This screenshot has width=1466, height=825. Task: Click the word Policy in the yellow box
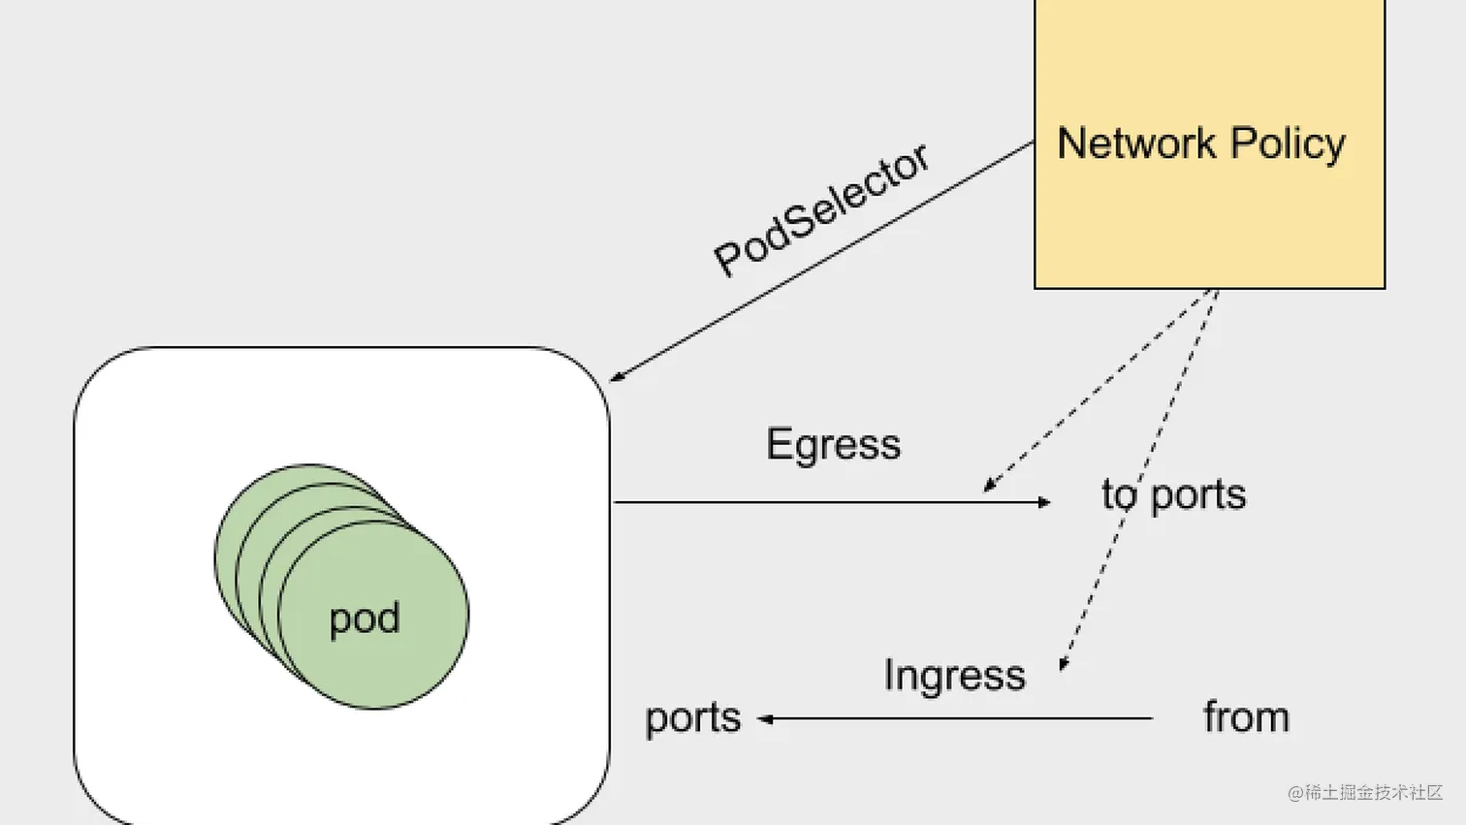[x=1289, y=143]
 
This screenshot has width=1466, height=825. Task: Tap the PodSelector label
[x=821, y=210]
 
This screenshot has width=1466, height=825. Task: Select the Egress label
[x=833, y=445]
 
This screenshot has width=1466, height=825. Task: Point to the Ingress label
[x=954, y=675]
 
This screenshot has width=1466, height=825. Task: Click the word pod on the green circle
[x=365, y=619]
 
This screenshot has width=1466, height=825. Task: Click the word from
[x=1246, y=717]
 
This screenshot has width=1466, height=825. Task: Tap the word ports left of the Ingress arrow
[x=692, y=718]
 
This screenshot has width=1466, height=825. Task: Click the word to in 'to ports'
[x=1118, y=494]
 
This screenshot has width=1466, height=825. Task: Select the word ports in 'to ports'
[x=1198, y=495]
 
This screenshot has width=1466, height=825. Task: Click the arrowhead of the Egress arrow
[x=1044, y=502]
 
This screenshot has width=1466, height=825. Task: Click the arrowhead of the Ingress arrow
[x=765, y=718]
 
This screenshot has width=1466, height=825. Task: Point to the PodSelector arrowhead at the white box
[x=616, y=377]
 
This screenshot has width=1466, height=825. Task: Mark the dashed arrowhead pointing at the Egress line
[x=988, y=485]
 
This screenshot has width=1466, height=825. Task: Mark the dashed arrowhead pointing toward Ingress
[x=1064, y=665]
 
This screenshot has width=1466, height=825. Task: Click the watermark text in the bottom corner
[x=1364, y=792]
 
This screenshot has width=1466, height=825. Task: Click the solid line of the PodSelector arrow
[x=824, y=260]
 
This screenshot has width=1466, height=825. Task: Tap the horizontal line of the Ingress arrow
[x=960, y=718]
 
